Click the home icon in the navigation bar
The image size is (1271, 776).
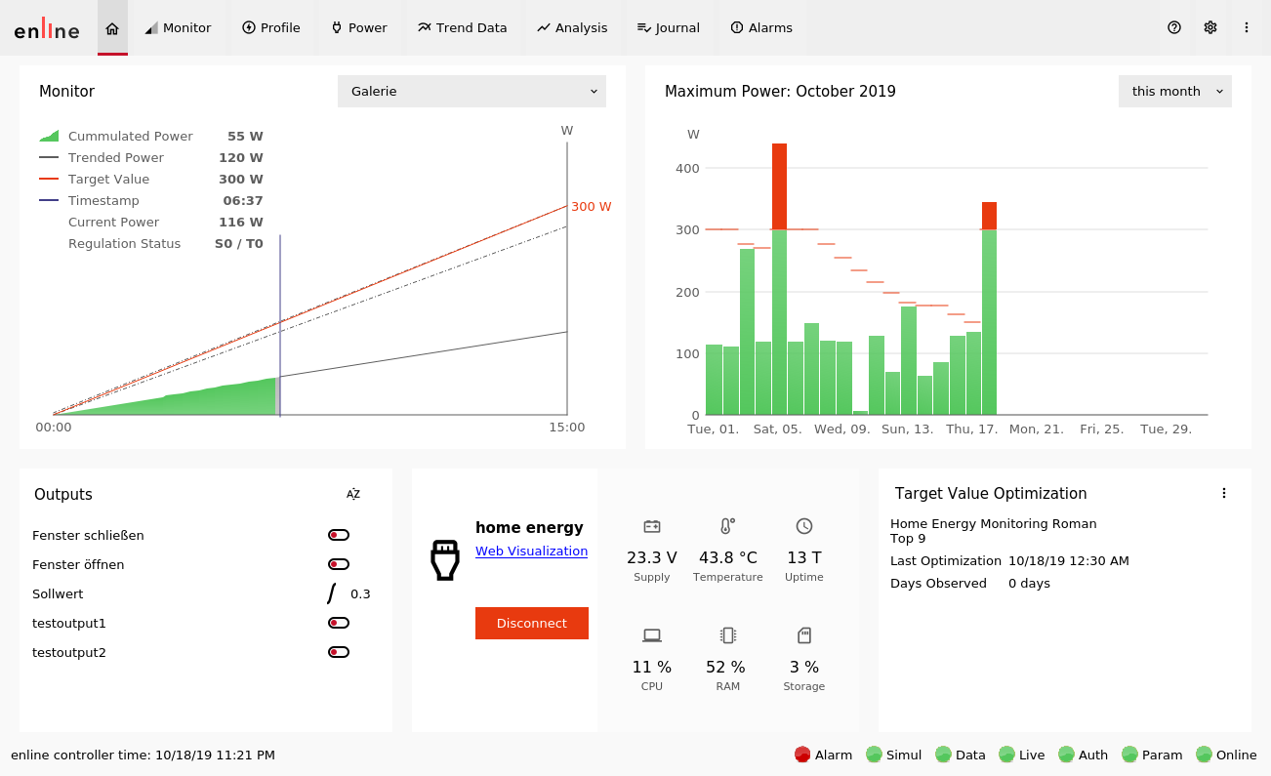coord(112,28)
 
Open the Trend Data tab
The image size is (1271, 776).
coord(462,28)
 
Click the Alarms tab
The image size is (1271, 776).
coord(761,28)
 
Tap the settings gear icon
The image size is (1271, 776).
coord(1210,27)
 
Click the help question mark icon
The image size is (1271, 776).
coord(1174,27)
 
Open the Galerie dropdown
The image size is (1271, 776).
coord(471,92)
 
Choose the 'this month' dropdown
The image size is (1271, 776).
coord(1174,92)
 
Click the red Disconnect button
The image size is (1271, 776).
coord(531,624)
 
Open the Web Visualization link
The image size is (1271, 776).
coord(531,551)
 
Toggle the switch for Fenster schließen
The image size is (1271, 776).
coord(339,535)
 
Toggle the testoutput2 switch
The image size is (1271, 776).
coord(339,652)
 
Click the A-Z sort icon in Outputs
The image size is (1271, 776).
coord(353,494)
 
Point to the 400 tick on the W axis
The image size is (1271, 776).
coord(687,168)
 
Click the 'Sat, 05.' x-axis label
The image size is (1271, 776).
coord(777,429)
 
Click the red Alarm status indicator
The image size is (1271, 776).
coord(802,755)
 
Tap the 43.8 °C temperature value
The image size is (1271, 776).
coord(727,557)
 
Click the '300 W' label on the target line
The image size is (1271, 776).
coord(592,207)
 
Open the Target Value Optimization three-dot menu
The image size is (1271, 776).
coord(1224,494)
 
